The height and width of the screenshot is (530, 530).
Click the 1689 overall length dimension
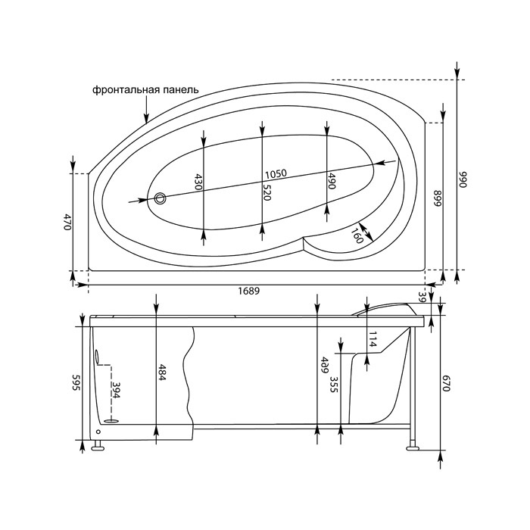pyautogui.click(x=249, y=290)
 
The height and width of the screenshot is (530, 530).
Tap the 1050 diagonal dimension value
pyautogui.click(x=276, y=174)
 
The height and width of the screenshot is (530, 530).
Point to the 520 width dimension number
pyautogui.click(x=267, y=192)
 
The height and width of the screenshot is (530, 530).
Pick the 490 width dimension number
pyautogui.click(x=331, y=180)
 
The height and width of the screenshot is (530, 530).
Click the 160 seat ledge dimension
pyautogui.click(x=357, y=235)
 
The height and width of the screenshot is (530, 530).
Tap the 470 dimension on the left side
pyautogui.click(x=67, y=222)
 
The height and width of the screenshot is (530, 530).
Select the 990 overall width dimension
pyautogui.click(x=463, y=179)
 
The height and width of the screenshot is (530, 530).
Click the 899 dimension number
pyautogui.click(x=438, y=198)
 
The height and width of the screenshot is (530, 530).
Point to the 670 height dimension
pyautogui.click(x=446, y=384)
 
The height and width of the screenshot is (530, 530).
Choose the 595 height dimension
pyautogui.click(x=76, y=382)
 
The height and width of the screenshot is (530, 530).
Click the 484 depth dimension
pyautogui.click(x=162, y=373)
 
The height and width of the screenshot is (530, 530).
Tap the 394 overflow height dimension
pyautogui.click(x=116, y=390)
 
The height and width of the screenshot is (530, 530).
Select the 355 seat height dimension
pyautogui.click(x=334, y=385)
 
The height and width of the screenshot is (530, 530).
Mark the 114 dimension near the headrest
pyautogui.click(x=373, y=339)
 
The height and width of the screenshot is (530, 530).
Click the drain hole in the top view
pyautogui.click(x=160, y=198)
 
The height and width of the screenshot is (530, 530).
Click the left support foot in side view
pyautogui.click(x=98, y=446)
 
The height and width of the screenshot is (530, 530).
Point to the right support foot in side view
pyautogui.click(x=413, y=445)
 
